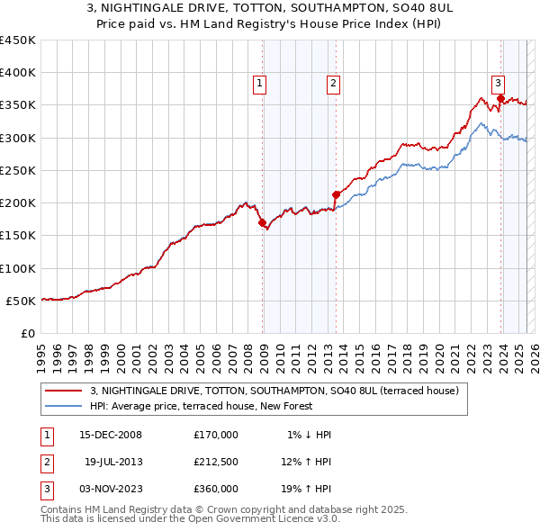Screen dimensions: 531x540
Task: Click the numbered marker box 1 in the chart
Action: [259, 84]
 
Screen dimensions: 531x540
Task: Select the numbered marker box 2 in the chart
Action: [333, 84]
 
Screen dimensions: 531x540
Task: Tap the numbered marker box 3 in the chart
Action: [498, 84]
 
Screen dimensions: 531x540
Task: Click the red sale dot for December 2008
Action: [263, 222]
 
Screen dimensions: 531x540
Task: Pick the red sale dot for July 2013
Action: [336, 194]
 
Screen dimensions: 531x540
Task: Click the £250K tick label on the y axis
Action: [18, 170]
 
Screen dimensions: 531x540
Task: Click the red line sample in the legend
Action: [63, 391]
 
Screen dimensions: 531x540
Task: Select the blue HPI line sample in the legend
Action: [63, 406]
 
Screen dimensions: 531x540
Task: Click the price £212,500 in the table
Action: [215, 462]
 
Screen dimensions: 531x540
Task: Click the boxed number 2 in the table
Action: [45, 462]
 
